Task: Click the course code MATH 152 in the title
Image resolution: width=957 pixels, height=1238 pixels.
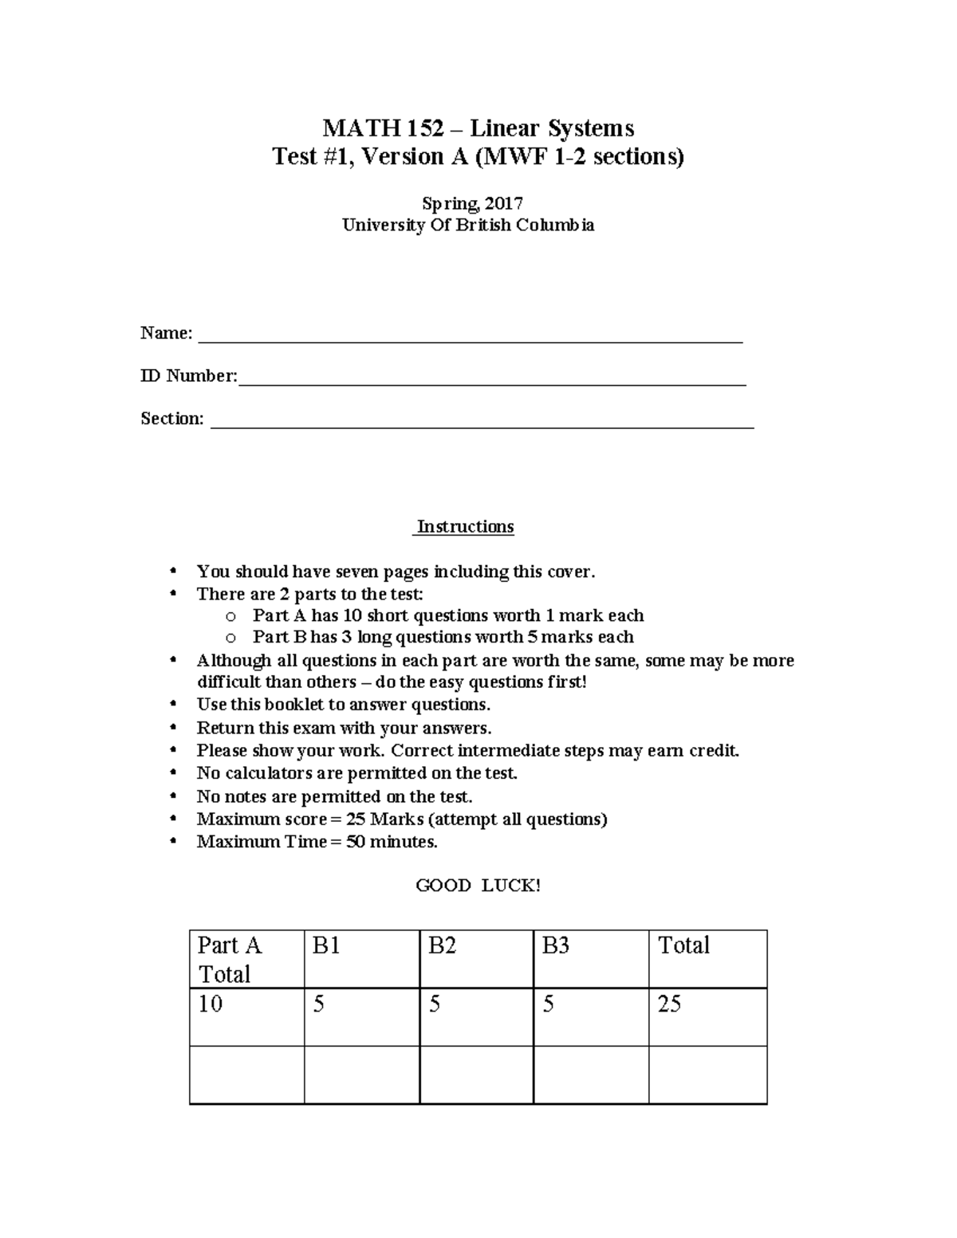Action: click(383, 128)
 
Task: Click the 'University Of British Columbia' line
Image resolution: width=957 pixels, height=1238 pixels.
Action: click(468, 225)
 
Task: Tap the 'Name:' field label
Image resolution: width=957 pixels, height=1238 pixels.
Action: click(166, 333)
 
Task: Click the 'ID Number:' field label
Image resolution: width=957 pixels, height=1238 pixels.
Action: click(188, 375)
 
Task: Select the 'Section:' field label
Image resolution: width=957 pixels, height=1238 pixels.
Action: click(171, 419)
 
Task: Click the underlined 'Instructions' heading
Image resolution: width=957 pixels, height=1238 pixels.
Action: click(466, 527)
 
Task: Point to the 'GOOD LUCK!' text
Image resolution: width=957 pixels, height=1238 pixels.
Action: click(478, 885)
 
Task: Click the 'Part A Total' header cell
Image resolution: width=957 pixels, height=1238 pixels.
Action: click(230, 959)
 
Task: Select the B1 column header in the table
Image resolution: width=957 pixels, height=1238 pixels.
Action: click(326, 945)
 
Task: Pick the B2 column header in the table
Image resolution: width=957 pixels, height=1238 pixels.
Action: click(442, 945)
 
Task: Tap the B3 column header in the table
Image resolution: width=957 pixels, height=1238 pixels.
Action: click(556, 945)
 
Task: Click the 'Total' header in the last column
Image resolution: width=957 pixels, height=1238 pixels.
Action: click(683, 945)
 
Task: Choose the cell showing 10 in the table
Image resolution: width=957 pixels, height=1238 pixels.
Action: click(211, 1004)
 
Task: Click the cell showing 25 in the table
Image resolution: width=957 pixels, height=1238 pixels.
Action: click(669, 1004)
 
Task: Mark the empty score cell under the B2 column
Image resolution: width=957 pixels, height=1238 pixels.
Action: click(476, 1075)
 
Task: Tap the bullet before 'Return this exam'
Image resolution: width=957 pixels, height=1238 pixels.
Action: click(173, 728)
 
